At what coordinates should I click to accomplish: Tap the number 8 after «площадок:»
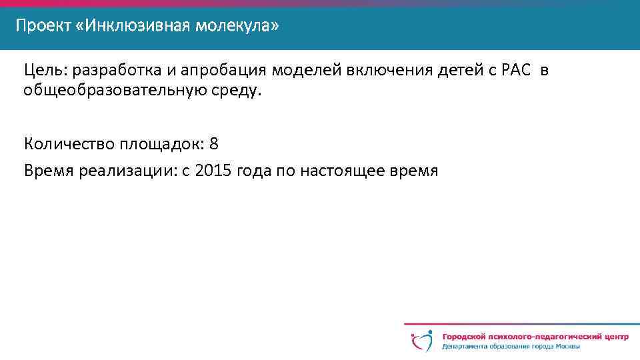point(214,144)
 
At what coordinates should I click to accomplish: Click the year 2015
point(210,171)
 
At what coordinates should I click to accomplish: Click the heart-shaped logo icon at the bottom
point(422,341)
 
